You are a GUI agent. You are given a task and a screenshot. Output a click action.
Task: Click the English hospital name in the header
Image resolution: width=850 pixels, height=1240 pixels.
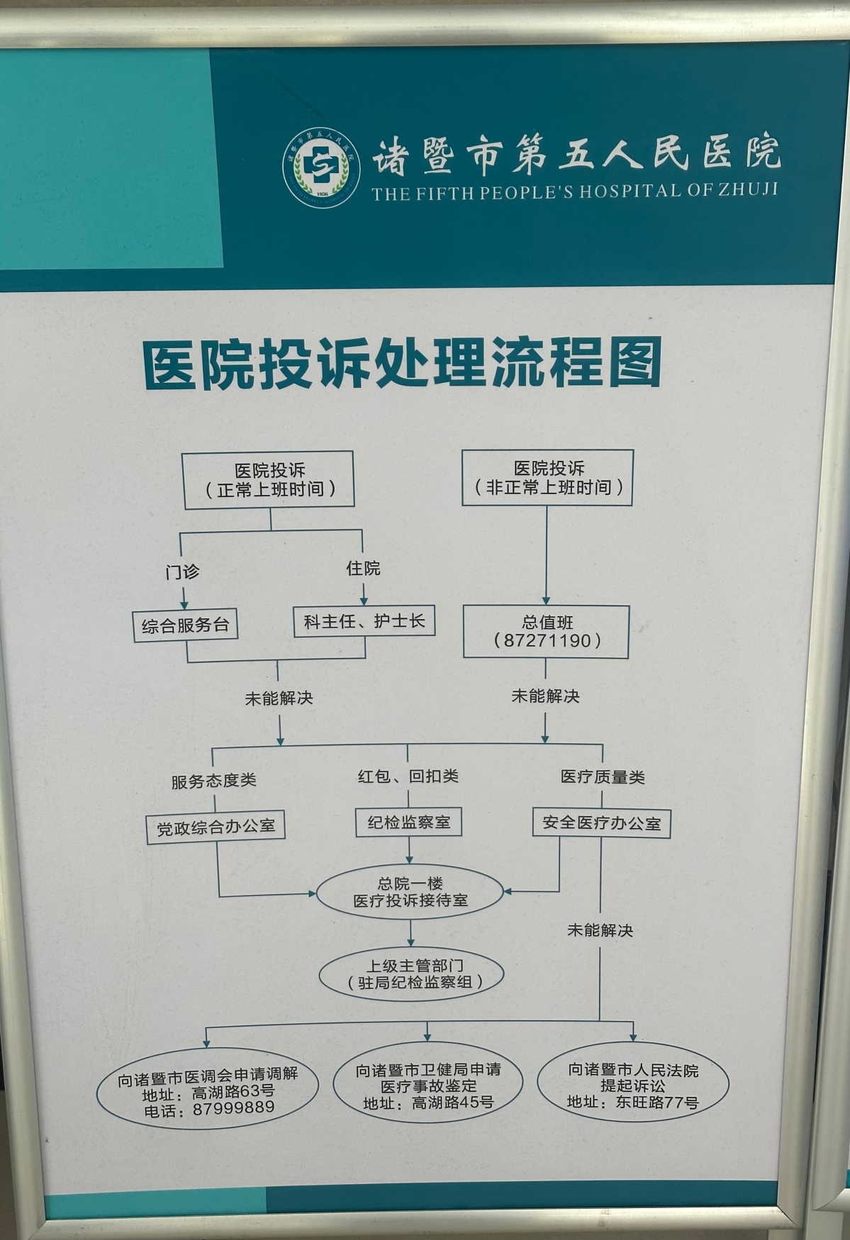click(575, 191)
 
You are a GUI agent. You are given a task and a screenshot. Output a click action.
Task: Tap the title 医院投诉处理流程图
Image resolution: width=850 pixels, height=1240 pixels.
click(402, 363)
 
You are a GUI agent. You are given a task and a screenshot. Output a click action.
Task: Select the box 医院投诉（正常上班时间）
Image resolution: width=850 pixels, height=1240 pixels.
click(269, 480)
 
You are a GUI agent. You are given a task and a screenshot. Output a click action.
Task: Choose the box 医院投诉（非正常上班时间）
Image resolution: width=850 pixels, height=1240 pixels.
click(547, 477)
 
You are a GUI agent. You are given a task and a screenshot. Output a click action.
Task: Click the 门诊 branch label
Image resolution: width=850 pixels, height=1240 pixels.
click(182, 571)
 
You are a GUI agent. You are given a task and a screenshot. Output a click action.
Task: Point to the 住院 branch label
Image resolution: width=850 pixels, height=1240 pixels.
click(363, 568)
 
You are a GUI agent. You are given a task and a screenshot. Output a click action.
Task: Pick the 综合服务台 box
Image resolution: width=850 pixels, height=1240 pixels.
click(185, 625)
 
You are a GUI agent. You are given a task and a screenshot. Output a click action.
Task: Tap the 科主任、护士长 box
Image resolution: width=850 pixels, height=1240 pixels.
click(364, 621)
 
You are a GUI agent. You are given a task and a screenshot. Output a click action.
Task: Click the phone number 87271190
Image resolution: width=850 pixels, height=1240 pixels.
click(547, 641)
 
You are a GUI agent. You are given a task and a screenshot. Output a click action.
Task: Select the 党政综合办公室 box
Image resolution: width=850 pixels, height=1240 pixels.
click(216, 827)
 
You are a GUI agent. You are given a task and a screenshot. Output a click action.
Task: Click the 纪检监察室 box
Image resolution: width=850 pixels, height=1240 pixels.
click(409, 822)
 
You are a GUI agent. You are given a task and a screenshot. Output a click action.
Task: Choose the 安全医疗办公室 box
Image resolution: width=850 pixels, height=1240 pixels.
click(601, 823)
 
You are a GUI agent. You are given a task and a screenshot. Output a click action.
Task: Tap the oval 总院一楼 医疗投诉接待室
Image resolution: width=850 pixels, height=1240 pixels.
click(410, 892)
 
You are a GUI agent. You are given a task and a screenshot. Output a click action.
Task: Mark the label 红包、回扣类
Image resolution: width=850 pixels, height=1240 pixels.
click(408, 776)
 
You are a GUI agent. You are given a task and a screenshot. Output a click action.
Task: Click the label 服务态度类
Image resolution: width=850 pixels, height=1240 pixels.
click(213, 781)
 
